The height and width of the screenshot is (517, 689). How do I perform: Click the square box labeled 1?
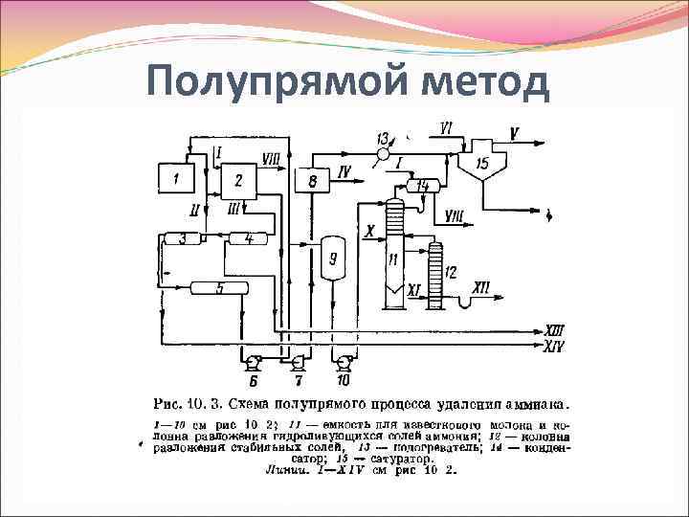tap(176, 178)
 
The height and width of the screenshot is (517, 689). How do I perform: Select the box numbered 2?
tap(238, 180)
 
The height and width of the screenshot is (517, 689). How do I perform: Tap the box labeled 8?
tap(313, 181)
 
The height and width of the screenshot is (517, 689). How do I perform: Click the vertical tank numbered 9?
tap(333, 258)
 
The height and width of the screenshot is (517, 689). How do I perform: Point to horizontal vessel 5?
tap(219, 288)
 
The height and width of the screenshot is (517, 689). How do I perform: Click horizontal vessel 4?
tap(247, 238)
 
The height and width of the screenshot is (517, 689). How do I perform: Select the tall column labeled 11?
tap(392, 254)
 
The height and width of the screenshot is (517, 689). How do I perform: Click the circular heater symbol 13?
tap(384, 153)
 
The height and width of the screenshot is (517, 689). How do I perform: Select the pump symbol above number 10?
tap(344, 362)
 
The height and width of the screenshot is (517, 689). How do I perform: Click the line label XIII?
tap(555, 329)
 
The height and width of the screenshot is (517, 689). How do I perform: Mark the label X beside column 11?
tap(369, 231)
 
